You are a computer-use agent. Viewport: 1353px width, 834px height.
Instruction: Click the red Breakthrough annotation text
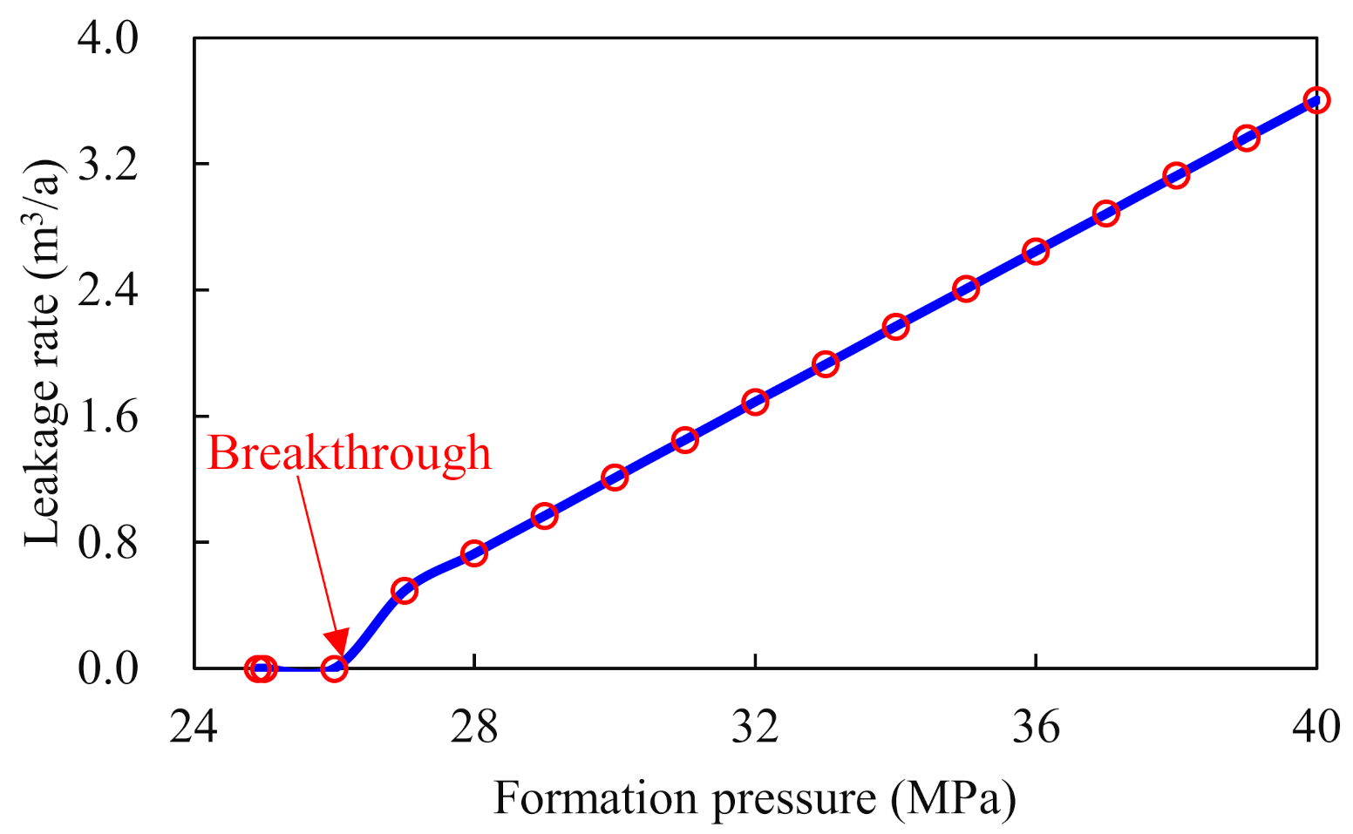pos(349,453)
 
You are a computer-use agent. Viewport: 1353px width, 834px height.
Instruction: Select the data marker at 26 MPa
pos(334,668)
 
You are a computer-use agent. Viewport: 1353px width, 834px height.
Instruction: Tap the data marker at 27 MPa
pos(405,591)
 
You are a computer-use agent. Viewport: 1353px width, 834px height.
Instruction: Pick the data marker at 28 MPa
pos(474,553)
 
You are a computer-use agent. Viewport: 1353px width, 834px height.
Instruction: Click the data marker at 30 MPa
pos(615,477)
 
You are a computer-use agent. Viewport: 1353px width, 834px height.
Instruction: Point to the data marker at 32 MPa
pos(755,402)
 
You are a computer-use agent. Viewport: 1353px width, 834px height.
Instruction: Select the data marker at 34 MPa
pos(895,327)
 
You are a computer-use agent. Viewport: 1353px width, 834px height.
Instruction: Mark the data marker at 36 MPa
pos(1036,252)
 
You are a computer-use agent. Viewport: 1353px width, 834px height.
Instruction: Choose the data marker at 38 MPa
pos(1176,176)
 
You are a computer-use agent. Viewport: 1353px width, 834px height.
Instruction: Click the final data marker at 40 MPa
pos(1316,100)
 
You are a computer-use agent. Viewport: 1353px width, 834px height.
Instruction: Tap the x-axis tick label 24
pos(194,727)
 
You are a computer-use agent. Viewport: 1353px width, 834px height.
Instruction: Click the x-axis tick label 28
pos(474,727)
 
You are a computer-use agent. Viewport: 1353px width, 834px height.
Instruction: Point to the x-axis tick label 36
pos(1036,727)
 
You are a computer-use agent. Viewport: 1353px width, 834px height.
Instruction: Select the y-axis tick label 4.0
pos(108,38)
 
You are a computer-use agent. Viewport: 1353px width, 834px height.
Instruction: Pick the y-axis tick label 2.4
pos(108,290)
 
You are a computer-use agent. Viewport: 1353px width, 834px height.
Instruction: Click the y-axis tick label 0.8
pos(108,542)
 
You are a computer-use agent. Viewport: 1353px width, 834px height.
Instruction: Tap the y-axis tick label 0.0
pos(108,669)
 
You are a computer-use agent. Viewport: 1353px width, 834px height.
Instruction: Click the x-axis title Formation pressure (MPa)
pos(755,798)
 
